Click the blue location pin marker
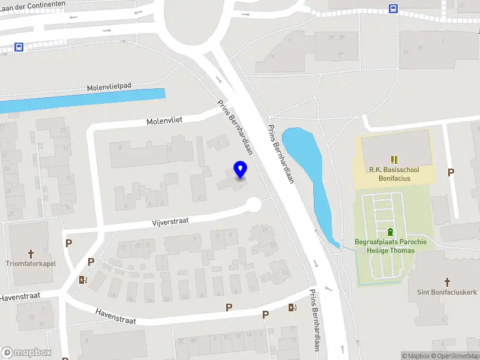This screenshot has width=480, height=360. pyautogui.click(x=241, y=170)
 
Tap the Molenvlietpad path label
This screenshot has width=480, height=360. pyautogui.click(x=109, y=87)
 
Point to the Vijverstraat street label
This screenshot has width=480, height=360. pyautogui.click(x=170, y=221)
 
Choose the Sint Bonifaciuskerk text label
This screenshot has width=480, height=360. pyautogui.click(x=447, y=292)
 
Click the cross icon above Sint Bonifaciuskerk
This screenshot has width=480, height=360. pyautogui.click(x=447, y=281)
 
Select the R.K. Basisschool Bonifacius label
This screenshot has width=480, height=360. pyautogui.click(x=394, y=173)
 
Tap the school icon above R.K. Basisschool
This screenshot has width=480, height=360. pyautogui.click(x=394, y=160)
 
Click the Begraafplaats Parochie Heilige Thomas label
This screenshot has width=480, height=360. pyautogui.click(x=390, y=246)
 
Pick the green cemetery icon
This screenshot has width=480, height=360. pyautogui.click(x=390, y=232)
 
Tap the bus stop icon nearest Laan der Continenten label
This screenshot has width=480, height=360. pyautogui.click(x=19, y=47)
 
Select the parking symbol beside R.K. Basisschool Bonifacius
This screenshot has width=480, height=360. pyautogui.click(x=451, y=173)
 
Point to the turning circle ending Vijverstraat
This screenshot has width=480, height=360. pyautogui.click(x=254, y=205)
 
